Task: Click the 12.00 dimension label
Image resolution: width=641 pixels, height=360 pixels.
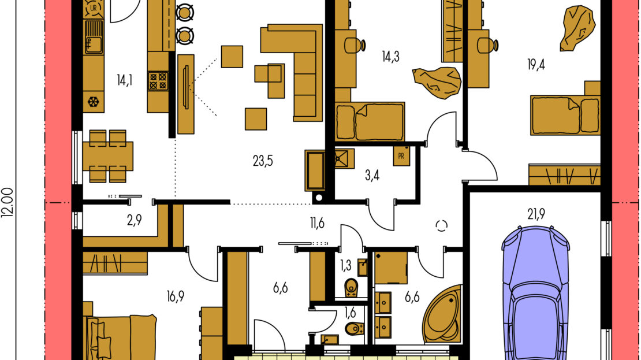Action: tap(8, 202)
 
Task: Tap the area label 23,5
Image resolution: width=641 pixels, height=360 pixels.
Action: tap(262, 161)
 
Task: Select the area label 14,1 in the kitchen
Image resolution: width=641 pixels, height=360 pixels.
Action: tap(124, 80)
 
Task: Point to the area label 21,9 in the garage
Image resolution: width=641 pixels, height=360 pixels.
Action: tap(536, 214)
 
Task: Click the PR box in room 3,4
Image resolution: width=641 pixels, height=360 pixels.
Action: tap(401, 156)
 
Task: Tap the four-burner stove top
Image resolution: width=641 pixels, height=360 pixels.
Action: tap(158, 80)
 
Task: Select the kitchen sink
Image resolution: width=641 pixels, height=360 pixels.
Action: tap(94, 38)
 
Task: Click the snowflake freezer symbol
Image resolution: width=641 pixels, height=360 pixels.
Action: tap(93, 101)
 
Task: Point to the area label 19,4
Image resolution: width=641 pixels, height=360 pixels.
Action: tap(535, 65)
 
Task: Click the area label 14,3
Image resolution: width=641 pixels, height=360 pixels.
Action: tap(390, 57)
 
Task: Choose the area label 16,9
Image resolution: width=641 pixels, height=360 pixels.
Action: tap(175, 296)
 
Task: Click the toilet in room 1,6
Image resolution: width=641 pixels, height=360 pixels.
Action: tap(355, 328)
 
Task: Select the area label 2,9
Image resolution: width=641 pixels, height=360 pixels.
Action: tap(134, 220)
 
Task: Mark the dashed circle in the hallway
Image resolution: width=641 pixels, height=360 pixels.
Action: tap(442, 225)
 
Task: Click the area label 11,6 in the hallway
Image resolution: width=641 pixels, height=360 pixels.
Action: tap(317, 223)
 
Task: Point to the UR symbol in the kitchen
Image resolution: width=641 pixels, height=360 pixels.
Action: tap(94, 8)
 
